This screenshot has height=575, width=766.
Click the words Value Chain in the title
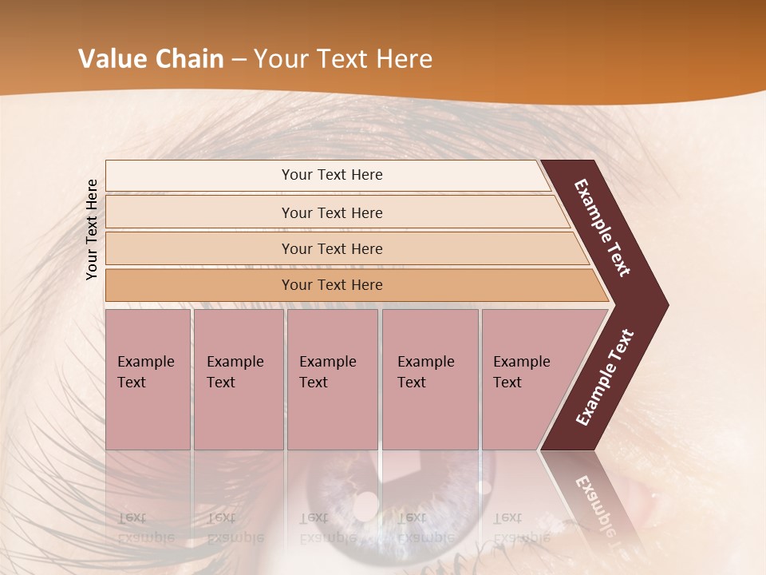point(151,59)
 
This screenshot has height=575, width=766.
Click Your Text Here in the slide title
point(343,59)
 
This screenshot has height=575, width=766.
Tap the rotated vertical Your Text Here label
point(93,229)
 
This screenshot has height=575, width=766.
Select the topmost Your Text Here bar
point(331,175)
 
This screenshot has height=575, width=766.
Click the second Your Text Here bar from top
point(331,212)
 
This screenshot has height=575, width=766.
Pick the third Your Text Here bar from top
point(331,248)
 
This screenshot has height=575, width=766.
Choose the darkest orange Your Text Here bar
point(331,285)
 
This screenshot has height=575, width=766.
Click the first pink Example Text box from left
point(148,379)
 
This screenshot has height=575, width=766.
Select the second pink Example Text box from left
point(238,379)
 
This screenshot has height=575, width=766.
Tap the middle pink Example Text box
point(332,379)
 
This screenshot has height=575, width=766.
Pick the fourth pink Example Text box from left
point(429,379)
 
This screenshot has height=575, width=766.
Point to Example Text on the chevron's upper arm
point(603,228)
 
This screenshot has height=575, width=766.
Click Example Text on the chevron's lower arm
point(605,378)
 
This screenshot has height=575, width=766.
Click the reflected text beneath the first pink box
point(145,527)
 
